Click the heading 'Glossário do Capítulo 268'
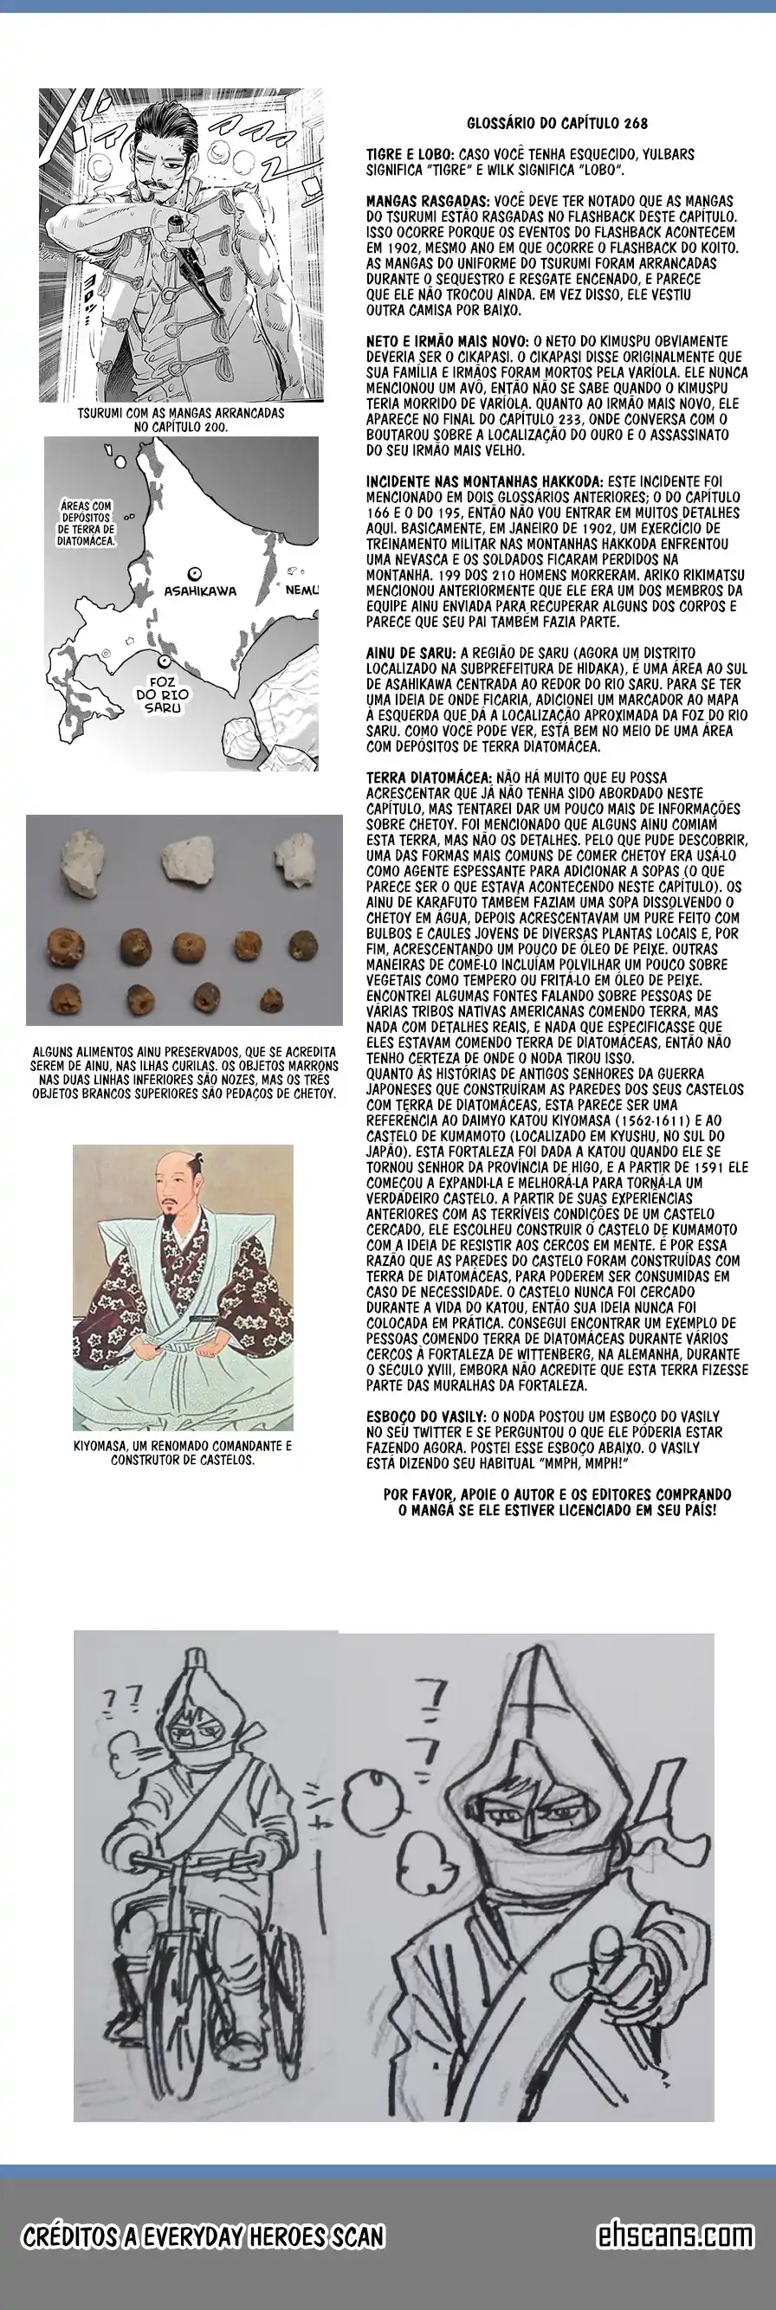(556, 124)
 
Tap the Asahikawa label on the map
(199, 591)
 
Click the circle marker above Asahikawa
(194, 574)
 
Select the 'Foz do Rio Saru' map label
(162, 694)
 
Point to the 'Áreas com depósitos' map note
(86, 524)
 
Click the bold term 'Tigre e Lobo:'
(410, 155)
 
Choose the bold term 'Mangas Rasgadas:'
(427, 202)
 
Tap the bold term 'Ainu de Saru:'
(411, 653)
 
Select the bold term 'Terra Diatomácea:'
(429, 778)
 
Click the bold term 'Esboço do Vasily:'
(426, 1416)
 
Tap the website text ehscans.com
(675, 2236)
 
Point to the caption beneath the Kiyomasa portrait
(182, 1453)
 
